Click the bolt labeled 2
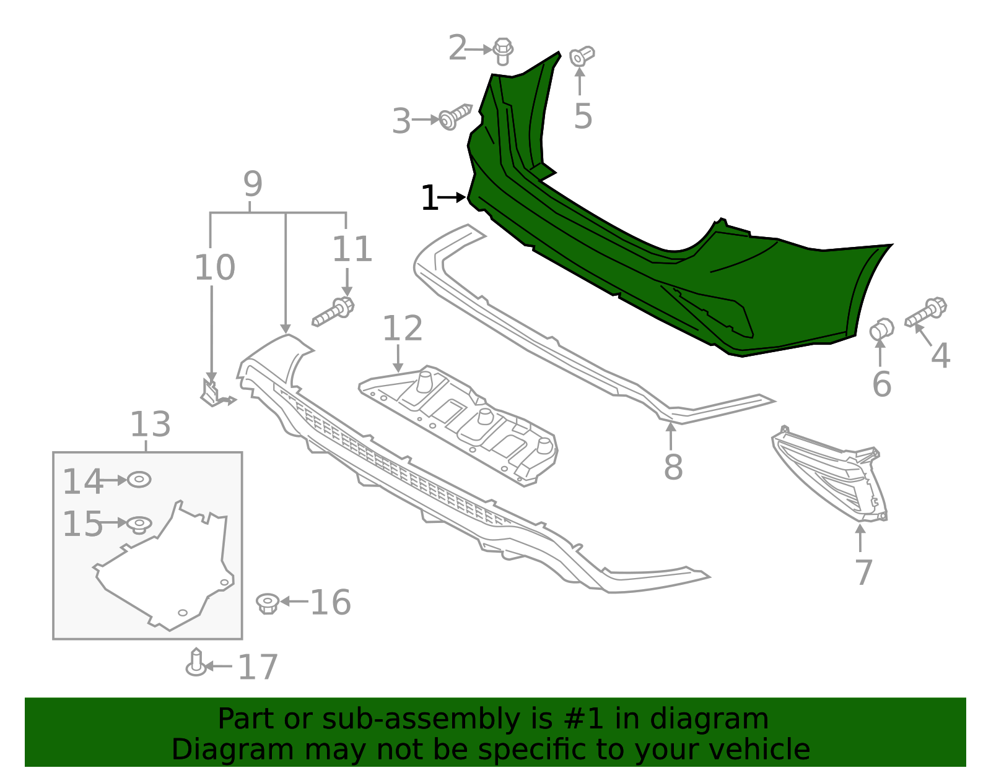click(503, 51)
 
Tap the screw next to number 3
click(455, 117)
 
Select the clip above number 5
click(581, 56)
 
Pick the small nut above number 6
click(881, 329)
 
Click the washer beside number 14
click(139, 480)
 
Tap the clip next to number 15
click(139, 525)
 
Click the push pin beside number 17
click(196, 663)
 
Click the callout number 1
click(429, 199)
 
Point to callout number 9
click(253, 184)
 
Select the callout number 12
click(402, 329)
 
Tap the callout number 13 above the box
click(150, 425)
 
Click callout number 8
click(673, 467)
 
